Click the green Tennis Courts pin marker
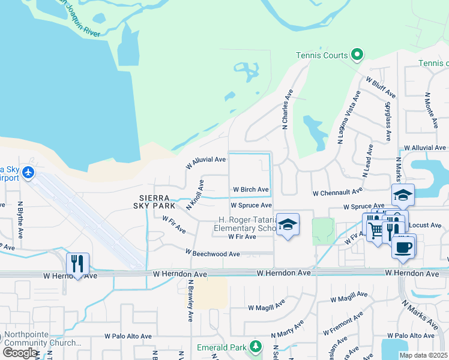point(357,55)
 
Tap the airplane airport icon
point(28,173)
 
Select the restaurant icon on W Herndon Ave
point(77,263)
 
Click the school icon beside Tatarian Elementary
point(288,225)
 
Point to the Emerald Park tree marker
point(256,347)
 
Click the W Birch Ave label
point(250,190)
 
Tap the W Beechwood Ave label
point(212,254)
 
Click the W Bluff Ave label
point(381,87)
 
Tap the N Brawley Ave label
point(190,301)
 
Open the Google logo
point(20,353)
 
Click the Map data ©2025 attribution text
point(423,355)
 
